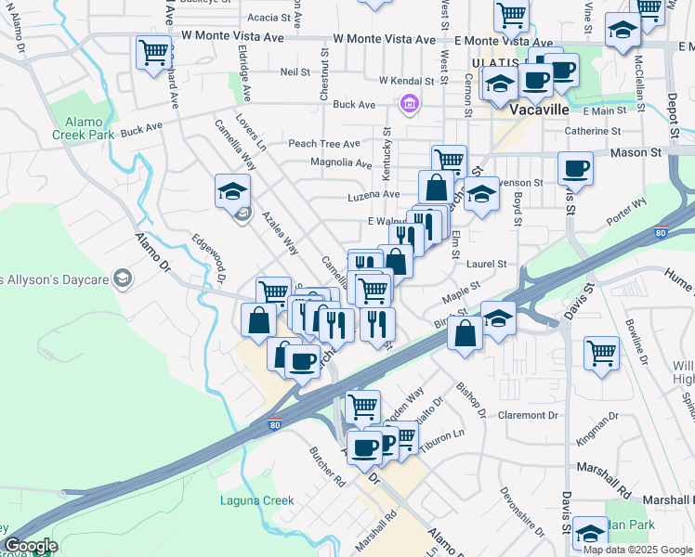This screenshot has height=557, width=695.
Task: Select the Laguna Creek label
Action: (x=256, y=501)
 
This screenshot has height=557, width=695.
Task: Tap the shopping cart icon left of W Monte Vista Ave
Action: (x=153, y=51)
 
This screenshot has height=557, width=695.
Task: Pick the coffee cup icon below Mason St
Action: (x=575, y=169)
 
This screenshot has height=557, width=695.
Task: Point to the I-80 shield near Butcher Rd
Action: (x=275, y=425)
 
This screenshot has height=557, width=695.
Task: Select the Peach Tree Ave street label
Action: (x=323, y=144)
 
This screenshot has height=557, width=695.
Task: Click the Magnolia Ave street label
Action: (x=341, y=163)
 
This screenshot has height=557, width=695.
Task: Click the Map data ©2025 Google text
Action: (x=637, y=550)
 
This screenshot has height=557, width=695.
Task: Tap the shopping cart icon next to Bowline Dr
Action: (x=601, y=353)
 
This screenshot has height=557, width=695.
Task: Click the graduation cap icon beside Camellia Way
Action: (x=232, y=191)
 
